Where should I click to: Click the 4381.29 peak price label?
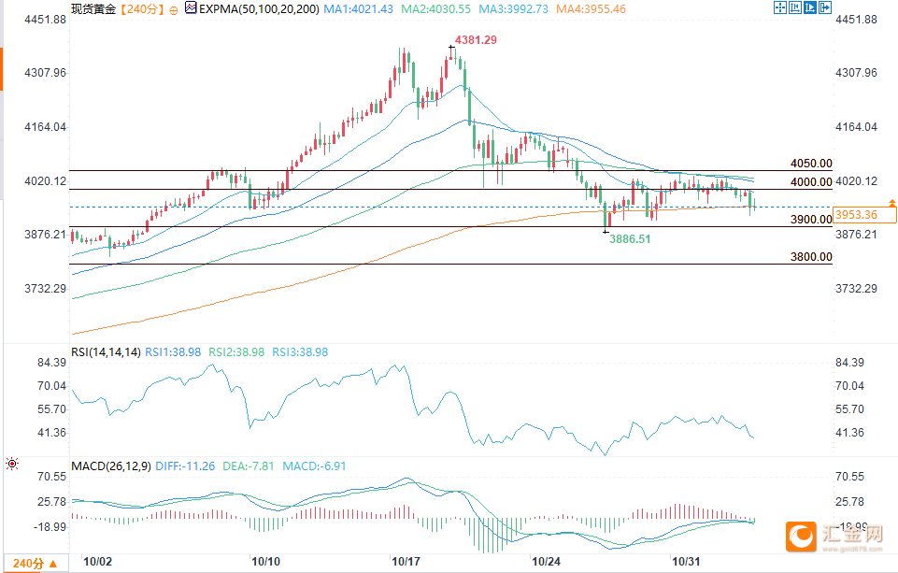tap(476, 40)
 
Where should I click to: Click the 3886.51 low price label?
tap(630, 239)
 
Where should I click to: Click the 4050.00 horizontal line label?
tap(810, 164)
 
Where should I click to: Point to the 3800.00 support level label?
tap(810, 257)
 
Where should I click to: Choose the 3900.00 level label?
tap(810, 220)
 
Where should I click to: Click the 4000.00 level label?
tap(810, 182)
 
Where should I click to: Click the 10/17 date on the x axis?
tap(406, 562)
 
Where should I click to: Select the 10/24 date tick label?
tap(546, 562)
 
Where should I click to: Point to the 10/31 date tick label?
tap(688, 562)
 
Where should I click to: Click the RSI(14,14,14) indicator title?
tap(106, 352)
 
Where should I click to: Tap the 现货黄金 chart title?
tap(94, 9)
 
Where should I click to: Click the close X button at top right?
tap(825, 8)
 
